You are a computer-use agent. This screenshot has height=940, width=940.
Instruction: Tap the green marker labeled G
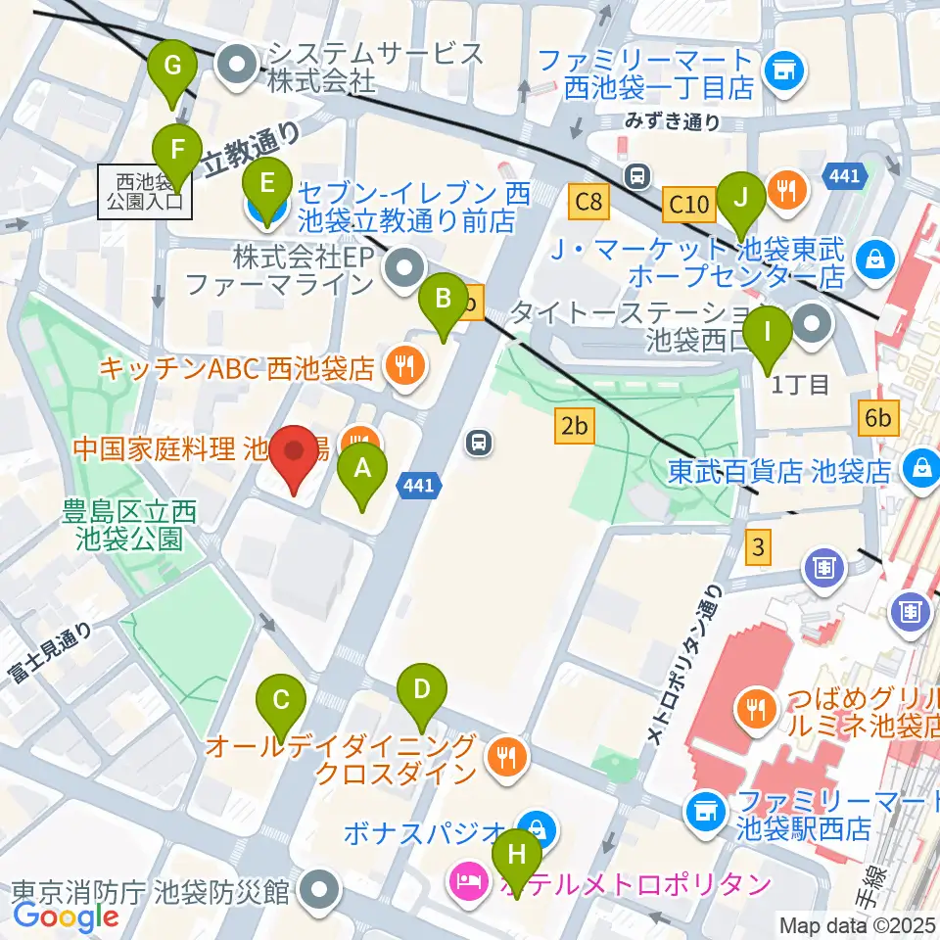point(173,67)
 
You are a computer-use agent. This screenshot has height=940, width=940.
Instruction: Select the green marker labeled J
point(742,196)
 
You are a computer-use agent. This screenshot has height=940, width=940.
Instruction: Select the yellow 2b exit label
point(576,425)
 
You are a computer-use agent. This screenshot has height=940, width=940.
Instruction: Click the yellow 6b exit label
point(877,418)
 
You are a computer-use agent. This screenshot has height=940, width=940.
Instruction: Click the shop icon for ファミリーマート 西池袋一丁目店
point(781,69)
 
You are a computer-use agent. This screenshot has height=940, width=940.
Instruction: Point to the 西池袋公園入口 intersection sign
point(145,191)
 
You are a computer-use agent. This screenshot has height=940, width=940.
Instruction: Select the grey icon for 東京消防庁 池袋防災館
point(318,892)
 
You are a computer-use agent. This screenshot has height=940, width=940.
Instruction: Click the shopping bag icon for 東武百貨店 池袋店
point(921,467)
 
